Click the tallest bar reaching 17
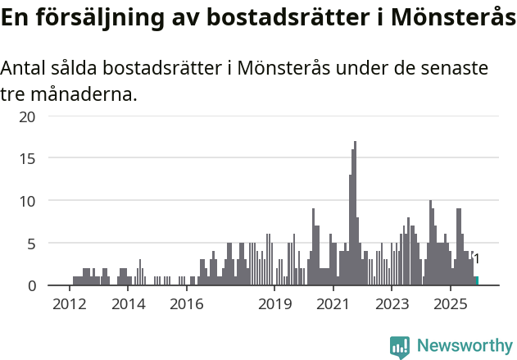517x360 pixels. pyautogui.click(x=355, y=213)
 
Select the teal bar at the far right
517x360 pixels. pyautogui.click(x=476, y=280)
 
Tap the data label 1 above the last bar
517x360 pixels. pyautogui.click(x=476, y=259)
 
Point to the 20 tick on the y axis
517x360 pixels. pyautogui.click(x=28, y=116)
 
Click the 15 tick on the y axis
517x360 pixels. pyautogui.click(x=28, y=157)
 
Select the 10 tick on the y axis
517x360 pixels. pyautogui.click(x=28, y=201)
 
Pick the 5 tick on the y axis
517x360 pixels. pyautogui.click(x=31, y=244)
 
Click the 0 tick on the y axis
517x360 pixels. pyautogui.click(x=31, y=285)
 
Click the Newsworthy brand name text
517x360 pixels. pyautogui.click(x=465, y=346)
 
